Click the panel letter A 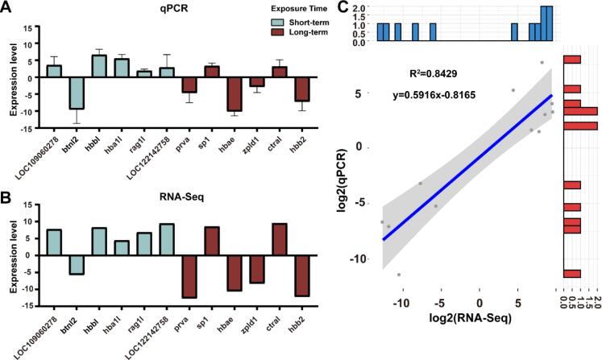pyautogui.click(x=6, y=9)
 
